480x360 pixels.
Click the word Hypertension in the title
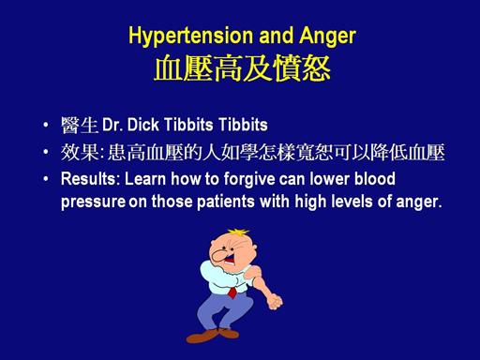click(x=190, y=37)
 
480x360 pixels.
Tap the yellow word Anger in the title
click(x=327, y=37)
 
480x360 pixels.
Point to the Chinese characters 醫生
click(x=80, y=126)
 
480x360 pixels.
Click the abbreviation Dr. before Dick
click(x=112, y=125)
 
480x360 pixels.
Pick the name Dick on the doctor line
click(x=143, y=125)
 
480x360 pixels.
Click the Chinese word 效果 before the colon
click(x=80, y=152)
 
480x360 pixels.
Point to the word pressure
click(x=93, y=202)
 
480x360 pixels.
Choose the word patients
click(x=226, y=202)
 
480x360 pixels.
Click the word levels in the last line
click(x=352, y=202)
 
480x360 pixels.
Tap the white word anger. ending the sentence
click(x=419, y=202)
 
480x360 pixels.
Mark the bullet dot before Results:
click(x=46, y=179)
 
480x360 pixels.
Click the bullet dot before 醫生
click(x=46, y=125)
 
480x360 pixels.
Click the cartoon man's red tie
click(x=232, y=292)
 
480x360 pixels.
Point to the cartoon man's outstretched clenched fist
click(x=274, y=301)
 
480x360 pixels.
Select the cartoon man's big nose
click(x=219, y=256)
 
